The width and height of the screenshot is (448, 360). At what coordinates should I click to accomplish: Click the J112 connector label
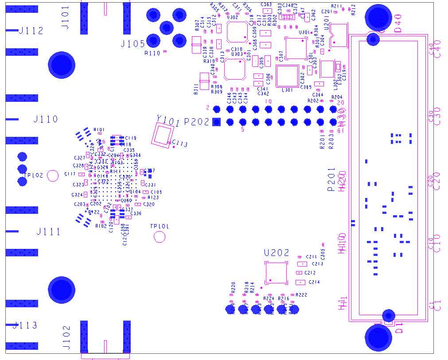tap(31, 31)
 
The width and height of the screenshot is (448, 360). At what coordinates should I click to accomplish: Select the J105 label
tap(132, 44)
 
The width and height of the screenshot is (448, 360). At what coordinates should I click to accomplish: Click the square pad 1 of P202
tap(217, 122)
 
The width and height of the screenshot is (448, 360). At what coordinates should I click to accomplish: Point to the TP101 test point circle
tap(160, 237)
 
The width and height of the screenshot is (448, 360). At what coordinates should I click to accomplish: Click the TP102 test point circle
tap(53, 176)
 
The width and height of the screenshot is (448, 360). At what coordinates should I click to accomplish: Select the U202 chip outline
tap(275, 272)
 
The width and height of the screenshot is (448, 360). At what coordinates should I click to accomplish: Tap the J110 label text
tap(46, 119)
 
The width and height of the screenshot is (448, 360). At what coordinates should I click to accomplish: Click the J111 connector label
tap(48, 232)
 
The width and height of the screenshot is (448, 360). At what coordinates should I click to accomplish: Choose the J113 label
tap(25, 325)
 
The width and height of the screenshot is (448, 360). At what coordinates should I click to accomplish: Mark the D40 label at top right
tap(397, 23)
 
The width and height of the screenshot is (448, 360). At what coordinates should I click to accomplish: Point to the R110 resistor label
tap(152, 53)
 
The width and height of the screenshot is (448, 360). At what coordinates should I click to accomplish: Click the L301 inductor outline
tap(287, 76)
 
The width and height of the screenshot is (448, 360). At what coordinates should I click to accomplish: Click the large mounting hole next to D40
tap(378, 18)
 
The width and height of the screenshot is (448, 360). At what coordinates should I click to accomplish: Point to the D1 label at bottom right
tap(399, 328)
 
